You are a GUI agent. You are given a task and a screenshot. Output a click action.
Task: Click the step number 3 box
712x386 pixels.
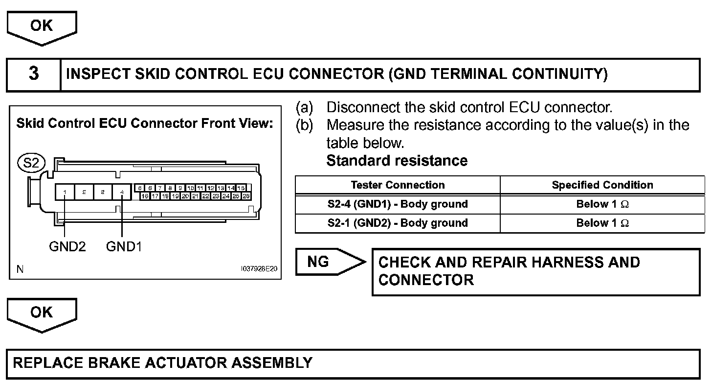(x=33, y=74)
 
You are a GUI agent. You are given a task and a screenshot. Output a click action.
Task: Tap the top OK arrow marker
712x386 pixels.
(x=42, y=26)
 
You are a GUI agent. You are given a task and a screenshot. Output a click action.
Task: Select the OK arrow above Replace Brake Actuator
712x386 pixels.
(x=42, y=313)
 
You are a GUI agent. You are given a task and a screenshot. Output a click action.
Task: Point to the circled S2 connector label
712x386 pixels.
(x=31, y=163)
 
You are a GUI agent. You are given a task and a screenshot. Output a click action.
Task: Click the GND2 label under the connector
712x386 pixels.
(x=67, y=246)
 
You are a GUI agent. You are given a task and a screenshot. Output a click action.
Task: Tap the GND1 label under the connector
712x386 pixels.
(x=124, y=246)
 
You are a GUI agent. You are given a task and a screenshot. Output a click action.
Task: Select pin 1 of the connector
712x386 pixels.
(x=65, y=193)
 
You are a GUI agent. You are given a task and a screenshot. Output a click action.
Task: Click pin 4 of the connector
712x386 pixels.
(x=121, y=193)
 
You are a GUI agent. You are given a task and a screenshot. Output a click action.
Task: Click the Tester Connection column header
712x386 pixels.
(x=398, y=185)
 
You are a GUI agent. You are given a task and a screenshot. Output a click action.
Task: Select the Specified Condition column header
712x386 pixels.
(x=602, y=185)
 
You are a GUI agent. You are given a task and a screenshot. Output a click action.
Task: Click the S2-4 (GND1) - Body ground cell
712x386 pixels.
(x=398, y=204)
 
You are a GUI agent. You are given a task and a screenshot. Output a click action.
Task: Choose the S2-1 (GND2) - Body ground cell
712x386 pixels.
(x=398, y=223)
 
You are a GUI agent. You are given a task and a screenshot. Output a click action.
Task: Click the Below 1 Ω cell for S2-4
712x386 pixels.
(x=602, y=204)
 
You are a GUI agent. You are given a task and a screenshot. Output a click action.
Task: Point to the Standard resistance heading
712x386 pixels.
(x=397, y=161)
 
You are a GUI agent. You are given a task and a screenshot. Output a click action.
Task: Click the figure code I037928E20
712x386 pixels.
(x=259, y=269)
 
